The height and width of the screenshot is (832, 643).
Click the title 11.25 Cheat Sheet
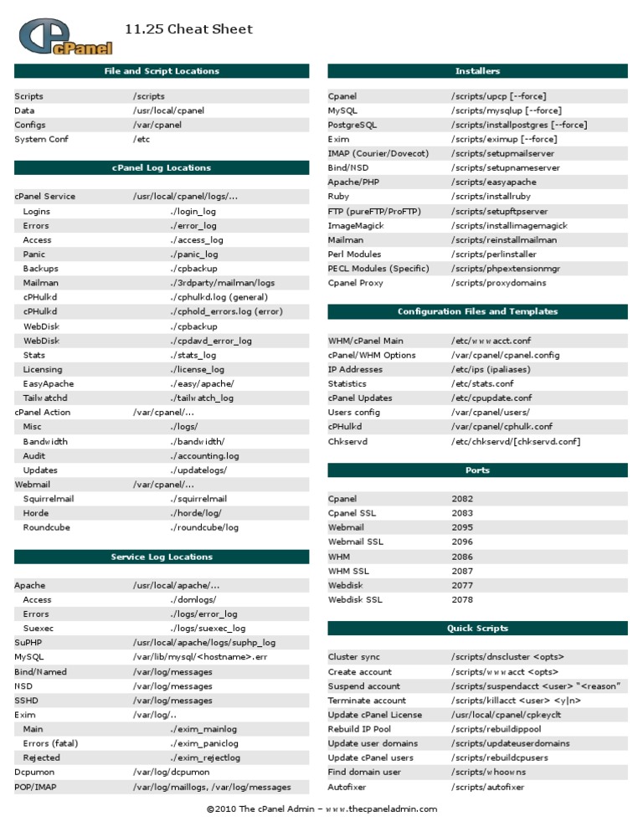188,29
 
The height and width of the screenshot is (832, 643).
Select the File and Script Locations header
162,71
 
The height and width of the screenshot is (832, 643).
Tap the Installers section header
477,71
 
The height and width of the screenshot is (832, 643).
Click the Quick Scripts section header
477,628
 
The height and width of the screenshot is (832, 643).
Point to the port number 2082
462,499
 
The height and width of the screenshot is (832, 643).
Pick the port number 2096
462,542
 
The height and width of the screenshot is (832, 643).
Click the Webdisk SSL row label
355,599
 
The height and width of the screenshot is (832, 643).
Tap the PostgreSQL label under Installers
352,125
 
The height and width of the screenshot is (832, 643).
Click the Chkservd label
347,441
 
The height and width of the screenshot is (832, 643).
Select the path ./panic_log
194,254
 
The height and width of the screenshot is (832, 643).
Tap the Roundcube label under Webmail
47,527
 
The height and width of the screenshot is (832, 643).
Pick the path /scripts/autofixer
487,788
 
